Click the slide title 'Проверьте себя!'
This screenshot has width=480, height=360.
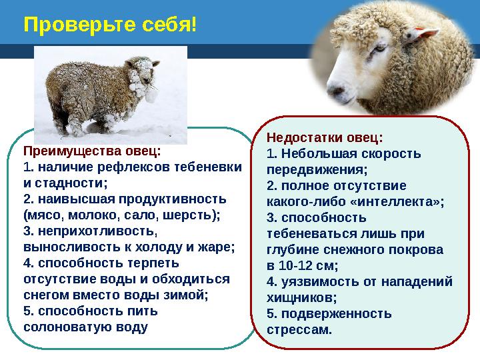pos(110,25)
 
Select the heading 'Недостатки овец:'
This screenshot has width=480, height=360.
pos(325,138)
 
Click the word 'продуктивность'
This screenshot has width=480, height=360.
pos(178,199)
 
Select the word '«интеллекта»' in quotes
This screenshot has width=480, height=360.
pos(406,201)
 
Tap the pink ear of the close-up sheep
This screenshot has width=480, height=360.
pos(425,33)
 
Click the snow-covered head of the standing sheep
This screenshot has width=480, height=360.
pos(145,77)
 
